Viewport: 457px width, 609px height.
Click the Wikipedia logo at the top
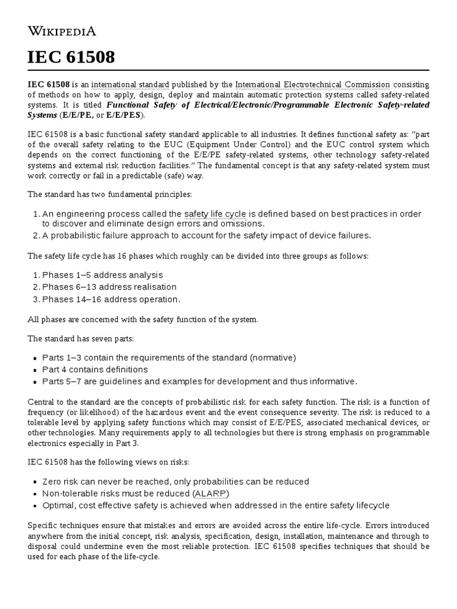pos(62,31)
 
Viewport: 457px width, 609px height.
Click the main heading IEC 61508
pos(71,58)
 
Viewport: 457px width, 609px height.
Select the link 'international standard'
pos(130,84)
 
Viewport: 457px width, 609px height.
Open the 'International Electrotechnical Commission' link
pos(312,84)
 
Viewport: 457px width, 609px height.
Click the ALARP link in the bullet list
pos(211,494)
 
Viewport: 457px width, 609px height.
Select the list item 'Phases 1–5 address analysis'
pos(102,275)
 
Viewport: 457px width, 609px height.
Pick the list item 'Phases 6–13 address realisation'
pos(109,287)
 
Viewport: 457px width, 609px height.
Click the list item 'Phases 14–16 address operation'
pos(111,299)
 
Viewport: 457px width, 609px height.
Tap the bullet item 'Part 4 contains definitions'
pos(95,369)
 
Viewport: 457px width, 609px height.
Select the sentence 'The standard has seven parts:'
pos(81,338)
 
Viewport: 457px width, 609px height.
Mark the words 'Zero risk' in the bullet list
pos(61,481)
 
